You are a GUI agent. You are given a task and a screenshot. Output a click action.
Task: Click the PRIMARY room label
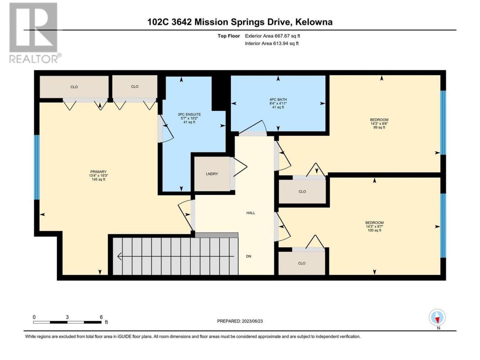click(98, 172)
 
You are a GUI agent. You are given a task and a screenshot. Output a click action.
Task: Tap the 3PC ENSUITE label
click(189, 114)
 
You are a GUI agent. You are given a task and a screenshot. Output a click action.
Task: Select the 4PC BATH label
click(278, 99)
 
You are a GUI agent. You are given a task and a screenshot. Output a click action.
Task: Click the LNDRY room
click(212, 174)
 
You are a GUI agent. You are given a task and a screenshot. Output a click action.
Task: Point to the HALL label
click(250, 213)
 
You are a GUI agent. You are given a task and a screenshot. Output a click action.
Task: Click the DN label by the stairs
click(248, 256)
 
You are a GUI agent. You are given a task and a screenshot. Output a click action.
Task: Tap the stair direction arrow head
click(119, 256)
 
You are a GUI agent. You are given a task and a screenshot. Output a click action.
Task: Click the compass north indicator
click(437, 319)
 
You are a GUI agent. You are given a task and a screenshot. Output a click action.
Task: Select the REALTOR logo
click(35, 33)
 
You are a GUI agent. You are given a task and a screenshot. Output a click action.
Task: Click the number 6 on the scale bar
click(101, 317)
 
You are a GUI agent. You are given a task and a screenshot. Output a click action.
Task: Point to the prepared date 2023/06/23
click(252, 321)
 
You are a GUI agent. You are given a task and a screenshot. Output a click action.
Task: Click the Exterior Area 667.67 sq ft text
click(273, 36)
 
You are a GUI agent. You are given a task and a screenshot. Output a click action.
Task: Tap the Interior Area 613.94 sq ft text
click(271, 43)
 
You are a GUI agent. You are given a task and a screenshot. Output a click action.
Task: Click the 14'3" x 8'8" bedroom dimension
click(379, 123)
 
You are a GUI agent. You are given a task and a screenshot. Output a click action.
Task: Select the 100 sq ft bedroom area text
click(374, 230)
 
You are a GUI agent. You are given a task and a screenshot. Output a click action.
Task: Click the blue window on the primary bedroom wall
click(37, 167)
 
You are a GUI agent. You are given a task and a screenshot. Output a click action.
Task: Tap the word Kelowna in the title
click(314, 22)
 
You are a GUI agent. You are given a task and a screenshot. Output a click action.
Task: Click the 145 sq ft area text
click(98, 179)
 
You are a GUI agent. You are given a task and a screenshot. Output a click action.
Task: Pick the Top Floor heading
click(228, 36)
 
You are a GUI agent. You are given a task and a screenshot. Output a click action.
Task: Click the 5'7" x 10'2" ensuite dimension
click(189, 118)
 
